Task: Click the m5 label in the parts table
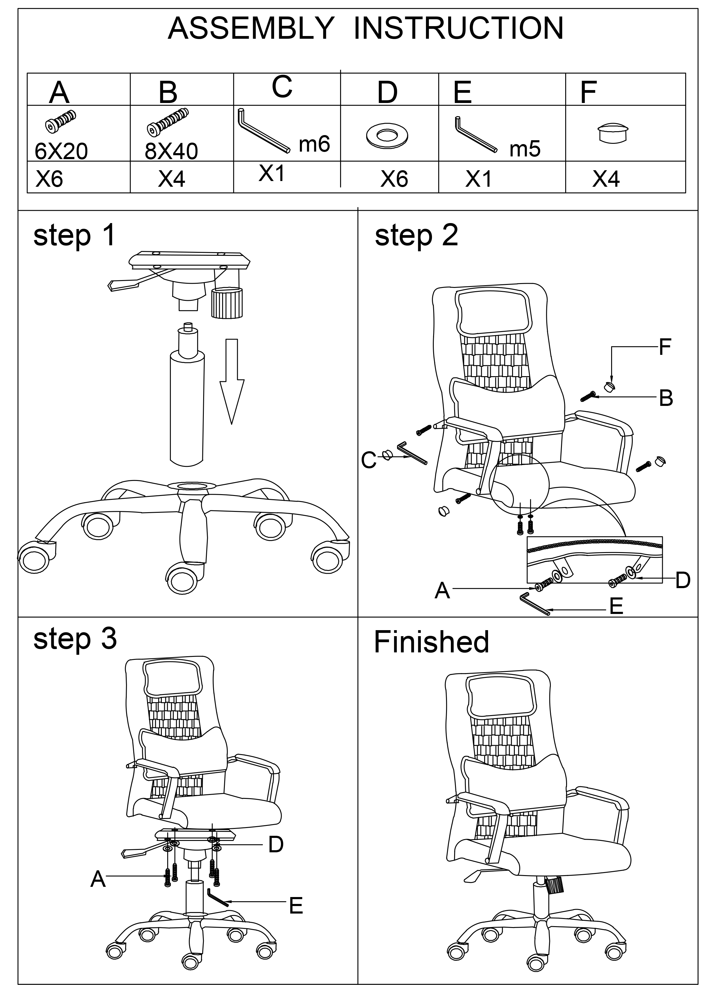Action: click(525, 149)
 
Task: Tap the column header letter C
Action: click(282, 87)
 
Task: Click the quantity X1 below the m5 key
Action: click(478, 179)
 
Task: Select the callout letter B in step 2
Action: click(666, 398)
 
